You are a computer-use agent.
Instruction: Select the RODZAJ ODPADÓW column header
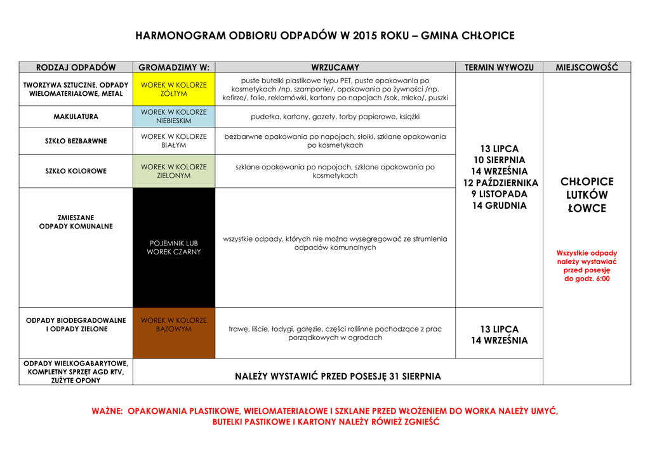pyautogui.click(x=76, y=67)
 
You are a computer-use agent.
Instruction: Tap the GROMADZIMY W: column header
pyautogui.click(x=173, y=67)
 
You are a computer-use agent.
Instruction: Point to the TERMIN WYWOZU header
pyautogui.click(x=499, y=67)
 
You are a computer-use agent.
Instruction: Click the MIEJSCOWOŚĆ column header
pyautogui.click(x=587, y=67)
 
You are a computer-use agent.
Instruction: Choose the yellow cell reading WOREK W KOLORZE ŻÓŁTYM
pyautogui.click(x=173, y=89)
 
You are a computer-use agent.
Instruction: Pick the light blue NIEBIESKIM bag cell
pyautogui.click(x=173, y=117)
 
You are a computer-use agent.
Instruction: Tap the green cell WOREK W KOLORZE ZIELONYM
pyautogui.click(x=173, y=171)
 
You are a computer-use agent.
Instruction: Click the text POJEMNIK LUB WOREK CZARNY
pyautogui.click(x=173, y=247)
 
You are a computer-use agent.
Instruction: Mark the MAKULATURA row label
pyautogui.click(x=76, y=117)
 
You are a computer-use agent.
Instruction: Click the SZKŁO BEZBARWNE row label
pyautogui.click(x=76, y=141)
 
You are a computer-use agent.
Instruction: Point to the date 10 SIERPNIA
pyautogui.click(x=499, y=160)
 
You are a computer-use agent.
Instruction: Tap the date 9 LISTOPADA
pyautogui.click(x=499, y=194)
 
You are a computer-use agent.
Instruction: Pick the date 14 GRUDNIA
pyautogui.click(x=499, y=206)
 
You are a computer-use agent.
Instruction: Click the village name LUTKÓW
pyautogui.click(x=587, y=195)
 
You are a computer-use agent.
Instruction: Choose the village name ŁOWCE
pyautogui.click(x=587, y=209)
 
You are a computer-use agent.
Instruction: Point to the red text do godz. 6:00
pyautogui.click(x=587, y=279)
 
